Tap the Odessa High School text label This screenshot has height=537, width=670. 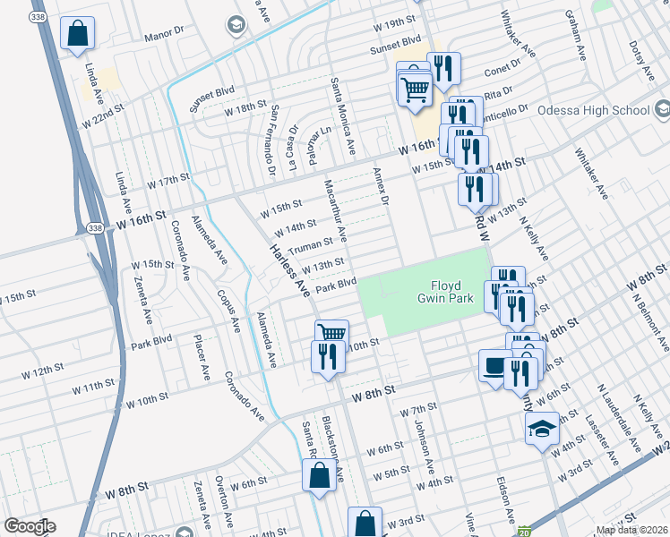tap(593, 111)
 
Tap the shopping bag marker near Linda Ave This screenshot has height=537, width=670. tap(78, 34)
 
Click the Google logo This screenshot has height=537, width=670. tap(30, 525)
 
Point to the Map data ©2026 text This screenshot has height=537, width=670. tap(631, 530)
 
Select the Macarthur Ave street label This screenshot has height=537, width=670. tap(341, 216)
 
